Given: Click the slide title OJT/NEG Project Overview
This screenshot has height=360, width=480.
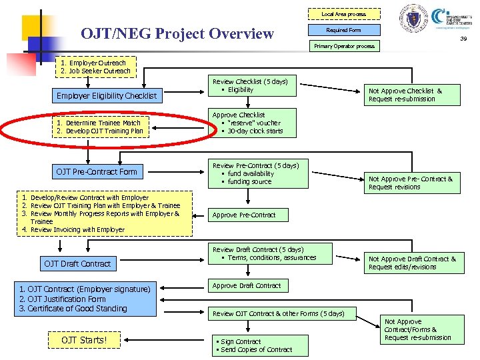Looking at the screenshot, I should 177,33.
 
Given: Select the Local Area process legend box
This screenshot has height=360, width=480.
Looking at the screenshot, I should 343,14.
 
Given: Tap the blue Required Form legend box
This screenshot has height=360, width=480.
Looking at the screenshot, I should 343,30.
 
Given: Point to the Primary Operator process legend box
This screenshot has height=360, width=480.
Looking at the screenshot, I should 344,46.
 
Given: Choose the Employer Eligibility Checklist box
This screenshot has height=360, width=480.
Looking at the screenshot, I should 107,95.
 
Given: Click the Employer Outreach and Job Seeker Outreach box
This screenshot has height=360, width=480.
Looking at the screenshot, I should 96,67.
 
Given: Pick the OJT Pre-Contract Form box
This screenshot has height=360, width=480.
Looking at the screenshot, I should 97,171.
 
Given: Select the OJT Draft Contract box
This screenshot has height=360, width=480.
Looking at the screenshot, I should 77,263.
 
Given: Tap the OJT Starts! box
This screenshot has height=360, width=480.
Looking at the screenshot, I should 84,341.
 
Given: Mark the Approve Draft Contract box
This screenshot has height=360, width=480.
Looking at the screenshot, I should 247,285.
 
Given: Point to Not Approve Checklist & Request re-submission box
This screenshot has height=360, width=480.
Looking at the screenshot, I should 413,95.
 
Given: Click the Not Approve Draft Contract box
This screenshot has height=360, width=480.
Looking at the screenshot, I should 413,263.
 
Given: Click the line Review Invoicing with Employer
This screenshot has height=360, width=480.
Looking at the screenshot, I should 77,229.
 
